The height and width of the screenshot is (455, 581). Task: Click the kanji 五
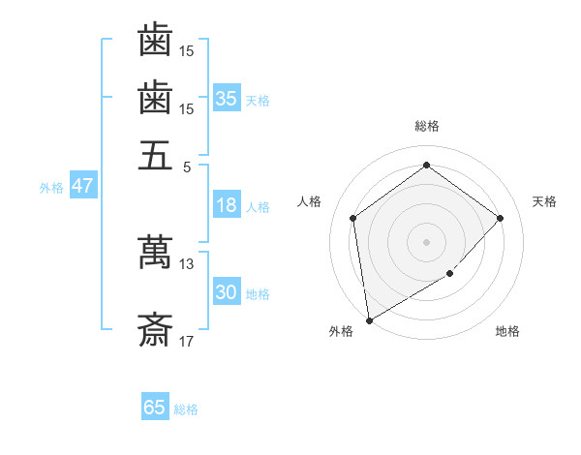point(155,155)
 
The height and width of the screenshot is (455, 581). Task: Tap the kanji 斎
point(155,332)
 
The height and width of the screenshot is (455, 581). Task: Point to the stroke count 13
point(187,263)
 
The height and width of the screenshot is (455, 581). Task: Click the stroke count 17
point(187,342)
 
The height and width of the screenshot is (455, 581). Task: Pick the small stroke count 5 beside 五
point(187,166)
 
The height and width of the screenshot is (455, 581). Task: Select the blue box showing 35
point(227,99)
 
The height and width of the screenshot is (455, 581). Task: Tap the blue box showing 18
point(227,205)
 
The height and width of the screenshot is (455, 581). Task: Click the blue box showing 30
point(227,292)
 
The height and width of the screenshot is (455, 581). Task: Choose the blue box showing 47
point(82,187)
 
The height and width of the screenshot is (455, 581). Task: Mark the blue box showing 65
point(155,408)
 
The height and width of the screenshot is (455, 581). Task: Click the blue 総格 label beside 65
point(186,409)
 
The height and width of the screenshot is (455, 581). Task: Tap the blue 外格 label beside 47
point(50,188)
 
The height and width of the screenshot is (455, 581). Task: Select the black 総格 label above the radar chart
point(427,126)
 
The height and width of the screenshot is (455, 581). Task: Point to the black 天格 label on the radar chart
point(545,201)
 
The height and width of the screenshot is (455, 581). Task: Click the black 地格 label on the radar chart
point(507,331)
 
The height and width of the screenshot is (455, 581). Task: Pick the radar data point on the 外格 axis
point(369,319)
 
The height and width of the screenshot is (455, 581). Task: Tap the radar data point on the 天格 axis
point(501,218)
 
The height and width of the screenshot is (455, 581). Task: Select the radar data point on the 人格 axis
point(353,218)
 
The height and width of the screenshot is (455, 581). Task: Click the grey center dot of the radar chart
point(427,241)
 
